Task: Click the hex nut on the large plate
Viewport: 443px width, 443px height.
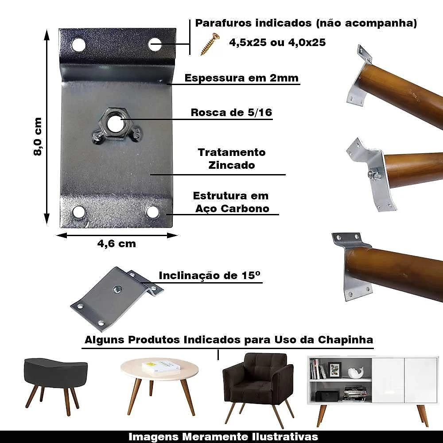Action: click(114, 124)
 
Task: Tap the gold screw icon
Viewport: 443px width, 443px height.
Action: click(210, 44)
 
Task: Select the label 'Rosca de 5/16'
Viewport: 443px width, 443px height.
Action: click(231, 113)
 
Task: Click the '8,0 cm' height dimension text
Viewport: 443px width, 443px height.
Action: click(38, 136)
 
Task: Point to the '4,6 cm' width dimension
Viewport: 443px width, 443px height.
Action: click(117, 244)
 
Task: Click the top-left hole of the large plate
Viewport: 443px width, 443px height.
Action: click(78, 45)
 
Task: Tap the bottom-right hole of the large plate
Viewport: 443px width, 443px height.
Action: click(152, 212)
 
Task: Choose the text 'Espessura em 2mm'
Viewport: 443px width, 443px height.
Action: click(241, 78)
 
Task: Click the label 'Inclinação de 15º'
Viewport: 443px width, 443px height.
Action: click(210, 276)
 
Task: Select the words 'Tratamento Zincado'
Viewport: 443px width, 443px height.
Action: click(232, 159)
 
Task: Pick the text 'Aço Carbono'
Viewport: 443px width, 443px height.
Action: click(232, 209)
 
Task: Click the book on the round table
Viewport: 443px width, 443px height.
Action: click(161, 367)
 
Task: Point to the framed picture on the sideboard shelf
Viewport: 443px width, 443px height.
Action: click(335, 369)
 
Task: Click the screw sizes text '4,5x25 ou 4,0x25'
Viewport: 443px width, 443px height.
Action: click(277, 43)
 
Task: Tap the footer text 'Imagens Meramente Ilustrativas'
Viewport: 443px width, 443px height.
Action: click(223, 437)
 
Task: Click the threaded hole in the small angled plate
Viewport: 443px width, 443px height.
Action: click(117, 289)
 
